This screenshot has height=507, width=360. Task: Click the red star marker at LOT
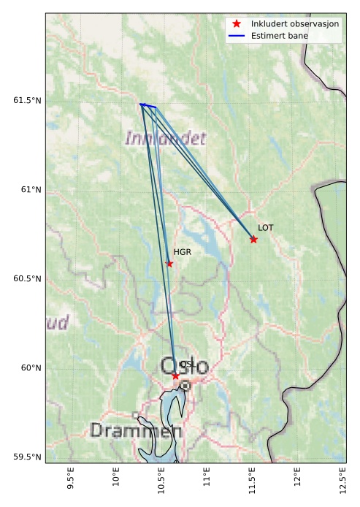253,239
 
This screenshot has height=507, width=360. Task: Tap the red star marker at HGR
169,264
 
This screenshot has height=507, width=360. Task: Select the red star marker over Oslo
175,376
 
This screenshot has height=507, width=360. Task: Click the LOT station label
266,228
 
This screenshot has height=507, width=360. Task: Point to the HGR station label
182,252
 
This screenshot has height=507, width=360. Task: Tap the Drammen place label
136,431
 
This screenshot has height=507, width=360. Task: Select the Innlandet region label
166,138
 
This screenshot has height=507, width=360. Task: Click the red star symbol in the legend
237,24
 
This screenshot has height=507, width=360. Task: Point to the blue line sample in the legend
237,36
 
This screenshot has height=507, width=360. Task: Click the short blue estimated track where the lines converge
148,106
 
